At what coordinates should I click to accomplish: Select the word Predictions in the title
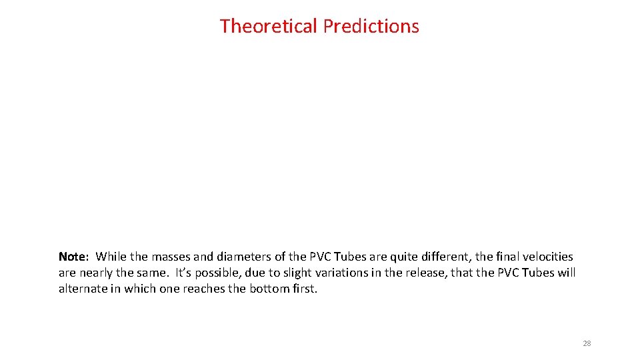pos(371,26)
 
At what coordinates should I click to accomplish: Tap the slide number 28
pos(587,343)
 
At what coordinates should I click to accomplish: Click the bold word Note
pos(72,257)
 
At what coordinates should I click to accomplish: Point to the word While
pos(111,257)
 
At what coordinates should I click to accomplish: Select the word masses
pos(171,257)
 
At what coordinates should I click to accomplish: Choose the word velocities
pos(548,257)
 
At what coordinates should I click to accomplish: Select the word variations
pos(341,273)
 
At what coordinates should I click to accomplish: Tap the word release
pos(423,273)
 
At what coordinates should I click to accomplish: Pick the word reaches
pos(205,289)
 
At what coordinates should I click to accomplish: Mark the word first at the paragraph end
pos(304,289)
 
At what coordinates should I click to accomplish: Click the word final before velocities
pos(503,257)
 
